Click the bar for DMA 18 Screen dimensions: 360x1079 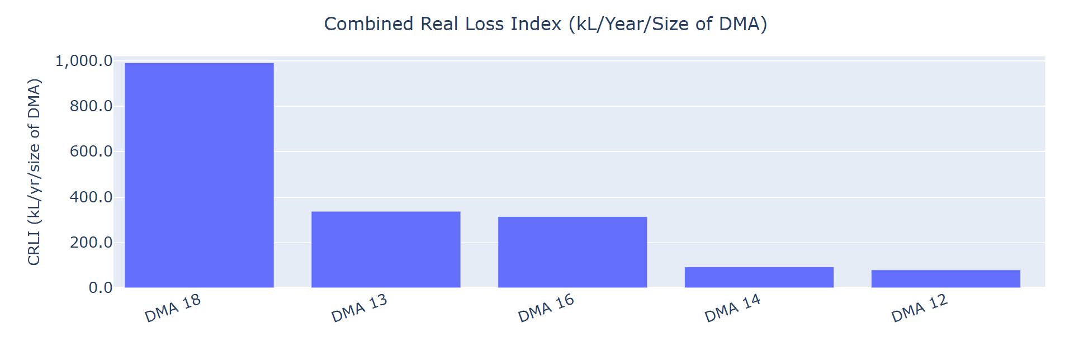coord(199,175)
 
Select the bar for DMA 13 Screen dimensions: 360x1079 coord(386,249)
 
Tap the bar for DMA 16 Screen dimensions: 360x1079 coord(572,252)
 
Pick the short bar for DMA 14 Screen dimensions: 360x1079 coord(759,277)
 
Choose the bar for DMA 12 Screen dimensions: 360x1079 coord(946,279)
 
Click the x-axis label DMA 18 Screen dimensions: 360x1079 coord(173,308)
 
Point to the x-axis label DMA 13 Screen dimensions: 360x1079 coord(359,308)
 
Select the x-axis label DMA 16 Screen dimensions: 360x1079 coord(546,308)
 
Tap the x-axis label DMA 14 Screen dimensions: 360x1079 coord(733,308)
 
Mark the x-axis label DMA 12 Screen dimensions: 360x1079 coord(920,308)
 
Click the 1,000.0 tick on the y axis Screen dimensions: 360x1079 coord(84,60)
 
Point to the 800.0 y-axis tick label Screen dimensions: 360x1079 coord(91,106)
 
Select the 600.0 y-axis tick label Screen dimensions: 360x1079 coord(91,151)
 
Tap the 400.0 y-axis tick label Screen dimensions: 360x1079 coord(91,197)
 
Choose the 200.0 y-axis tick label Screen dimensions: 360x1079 coord(91,242)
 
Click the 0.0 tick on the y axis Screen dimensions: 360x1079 coord(101,287)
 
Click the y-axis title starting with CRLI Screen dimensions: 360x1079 coord(35,172)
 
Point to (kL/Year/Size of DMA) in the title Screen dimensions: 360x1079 coord(668,24)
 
